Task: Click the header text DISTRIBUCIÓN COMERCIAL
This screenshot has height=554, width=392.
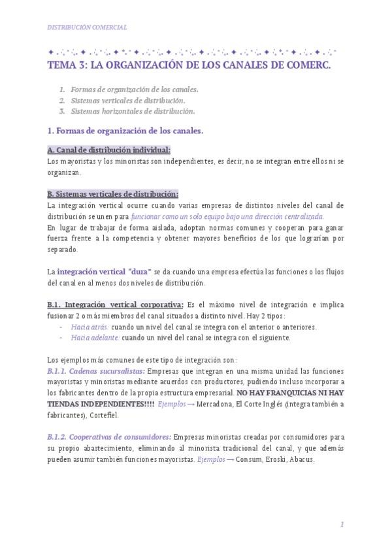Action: tap(87, 27)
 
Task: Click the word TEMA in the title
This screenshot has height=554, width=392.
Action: tap(62, 65)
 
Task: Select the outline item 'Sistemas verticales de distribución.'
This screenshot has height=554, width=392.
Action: tap(128, 101)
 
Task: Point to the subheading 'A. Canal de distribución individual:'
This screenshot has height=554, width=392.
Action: tap(109, 150)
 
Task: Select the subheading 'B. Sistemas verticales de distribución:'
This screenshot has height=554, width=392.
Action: tap(112, 194)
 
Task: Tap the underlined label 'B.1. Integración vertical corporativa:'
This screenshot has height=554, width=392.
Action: tap(116, 304)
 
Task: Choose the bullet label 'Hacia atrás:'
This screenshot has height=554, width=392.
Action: tap(90, 327)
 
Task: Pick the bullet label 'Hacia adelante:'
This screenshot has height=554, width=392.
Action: tap(95, 338)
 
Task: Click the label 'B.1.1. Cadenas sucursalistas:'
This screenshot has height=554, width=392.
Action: tap(96, 371)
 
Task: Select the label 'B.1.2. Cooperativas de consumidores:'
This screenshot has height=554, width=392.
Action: tap(109, 437)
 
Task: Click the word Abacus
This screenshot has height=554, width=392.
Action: tap(302, 459)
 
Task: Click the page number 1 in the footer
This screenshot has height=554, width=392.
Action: tap(342, 525)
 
